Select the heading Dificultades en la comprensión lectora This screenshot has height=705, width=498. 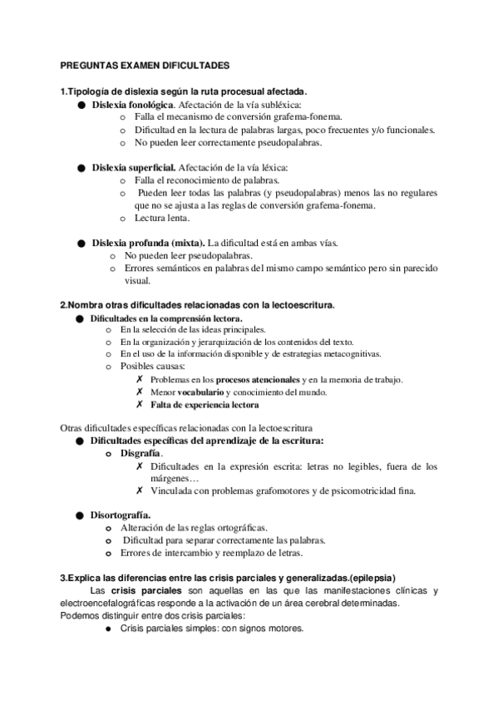tap(166, 318)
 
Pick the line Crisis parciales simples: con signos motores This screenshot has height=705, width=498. tap(212, 629)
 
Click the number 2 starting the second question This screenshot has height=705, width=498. tap(63, 305)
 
